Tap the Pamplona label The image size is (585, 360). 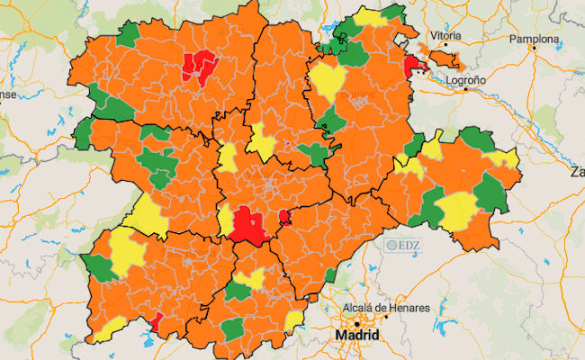(x=535, y=40)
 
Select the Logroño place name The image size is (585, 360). (x=466, y=79)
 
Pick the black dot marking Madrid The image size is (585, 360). (x=357, y=323)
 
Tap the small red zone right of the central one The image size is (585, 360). (x=284, y=216)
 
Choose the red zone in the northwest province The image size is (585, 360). (x=199, y=65)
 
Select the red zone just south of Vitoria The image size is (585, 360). (x=415, y=66)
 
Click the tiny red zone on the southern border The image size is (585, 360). (x=155, y=321)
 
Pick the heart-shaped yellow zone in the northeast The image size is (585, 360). (x=328, y=83)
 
